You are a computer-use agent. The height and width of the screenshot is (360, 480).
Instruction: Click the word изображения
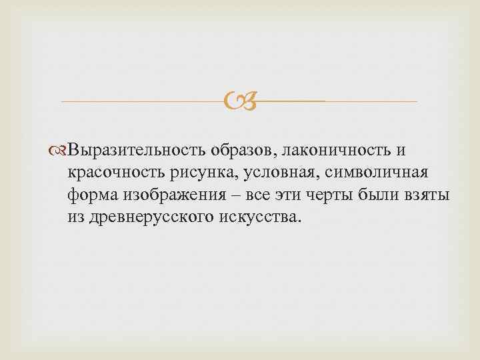click(x=169, y=195)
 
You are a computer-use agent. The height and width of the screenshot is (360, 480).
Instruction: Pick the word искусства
click(x=259, y=218)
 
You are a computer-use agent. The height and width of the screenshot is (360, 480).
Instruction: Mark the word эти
click(x=288, y=195)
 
